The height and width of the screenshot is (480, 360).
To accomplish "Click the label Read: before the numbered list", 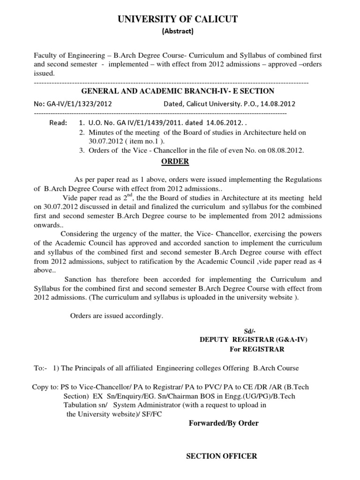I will pos(58,123).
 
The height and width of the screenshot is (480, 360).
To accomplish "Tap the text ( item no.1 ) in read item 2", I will pos(141,141).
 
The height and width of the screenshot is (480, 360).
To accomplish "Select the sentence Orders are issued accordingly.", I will pos(117,316).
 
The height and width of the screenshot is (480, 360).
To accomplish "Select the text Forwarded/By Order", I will pos(223,423).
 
